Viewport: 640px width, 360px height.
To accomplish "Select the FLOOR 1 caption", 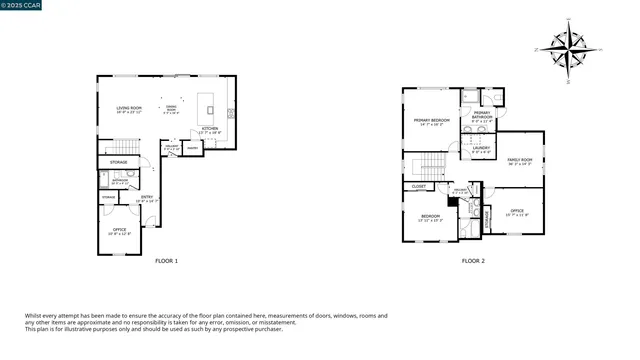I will point(166,262).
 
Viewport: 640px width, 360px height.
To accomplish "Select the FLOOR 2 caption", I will point(472,262).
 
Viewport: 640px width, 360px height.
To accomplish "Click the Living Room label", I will point(129,109).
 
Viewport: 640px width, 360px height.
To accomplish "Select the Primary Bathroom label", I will point(481,116).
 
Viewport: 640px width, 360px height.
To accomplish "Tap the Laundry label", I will point(481,150).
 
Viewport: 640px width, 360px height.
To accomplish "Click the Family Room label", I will point(519,161).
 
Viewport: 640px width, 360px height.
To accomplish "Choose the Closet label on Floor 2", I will point(418,186).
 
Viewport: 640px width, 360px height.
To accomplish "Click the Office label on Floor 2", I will point(516,211).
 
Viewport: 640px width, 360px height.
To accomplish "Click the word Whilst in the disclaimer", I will point(35,316).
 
